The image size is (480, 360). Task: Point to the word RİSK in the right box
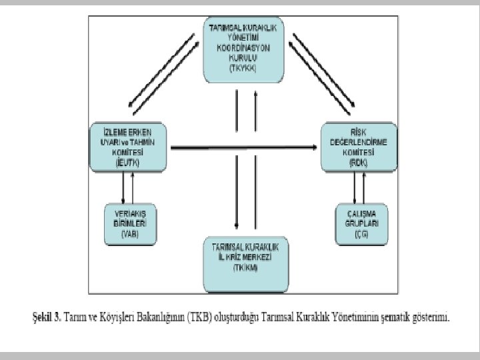pos(359,130)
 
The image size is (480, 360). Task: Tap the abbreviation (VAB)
pos(130,234)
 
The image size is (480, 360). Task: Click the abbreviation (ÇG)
pos(361,234)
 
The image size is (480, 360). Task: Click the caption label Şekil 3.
pos(47,317)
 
